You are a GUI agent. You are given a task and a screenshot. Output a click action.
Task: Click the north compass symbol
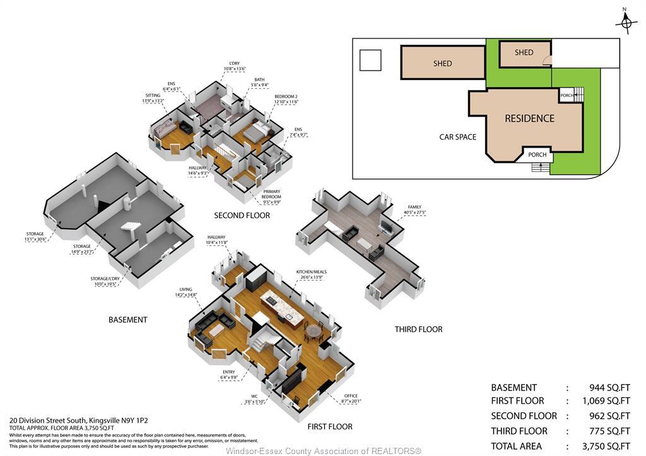point(626,23)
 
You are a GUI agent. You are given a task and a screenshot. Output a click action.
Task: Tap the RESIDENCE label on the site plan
point(529,118)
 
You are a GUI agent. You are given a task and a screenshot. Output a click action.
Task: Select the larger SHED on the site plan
point(442,63)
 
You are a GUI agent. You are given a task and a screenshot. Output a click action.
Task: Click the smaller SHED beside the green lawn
point(524,53)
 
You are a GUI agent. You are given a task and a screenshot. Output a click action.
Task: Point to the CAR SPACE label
point(457,137)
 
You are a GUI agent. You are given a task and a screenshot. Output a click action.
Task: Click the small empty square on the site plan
point(370,61)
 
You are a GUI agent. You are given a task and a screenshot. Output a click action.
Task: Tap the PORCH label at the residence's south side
point(537,155)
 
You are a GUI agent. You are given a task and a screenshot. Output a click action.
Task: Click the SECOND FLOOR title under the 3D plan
point(242,216)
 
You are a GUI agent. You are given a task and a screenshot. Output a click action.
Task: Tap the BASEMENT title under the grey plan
point(127,320)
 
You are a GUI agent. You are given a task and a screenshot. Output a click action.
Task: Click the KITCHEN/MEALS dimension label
point(311,274)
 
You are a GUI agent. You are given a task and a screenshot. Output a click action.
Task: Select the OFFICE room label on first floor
point(350,398)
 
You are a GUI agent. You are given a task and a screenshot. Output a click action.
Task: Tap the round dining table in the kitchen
point(313,330)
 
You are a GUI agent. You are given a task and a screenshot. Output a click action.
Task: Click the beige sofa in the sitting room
point(166,129)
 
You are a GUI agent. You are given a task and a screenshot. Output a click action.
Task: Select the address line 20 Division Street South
point(78,420)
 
